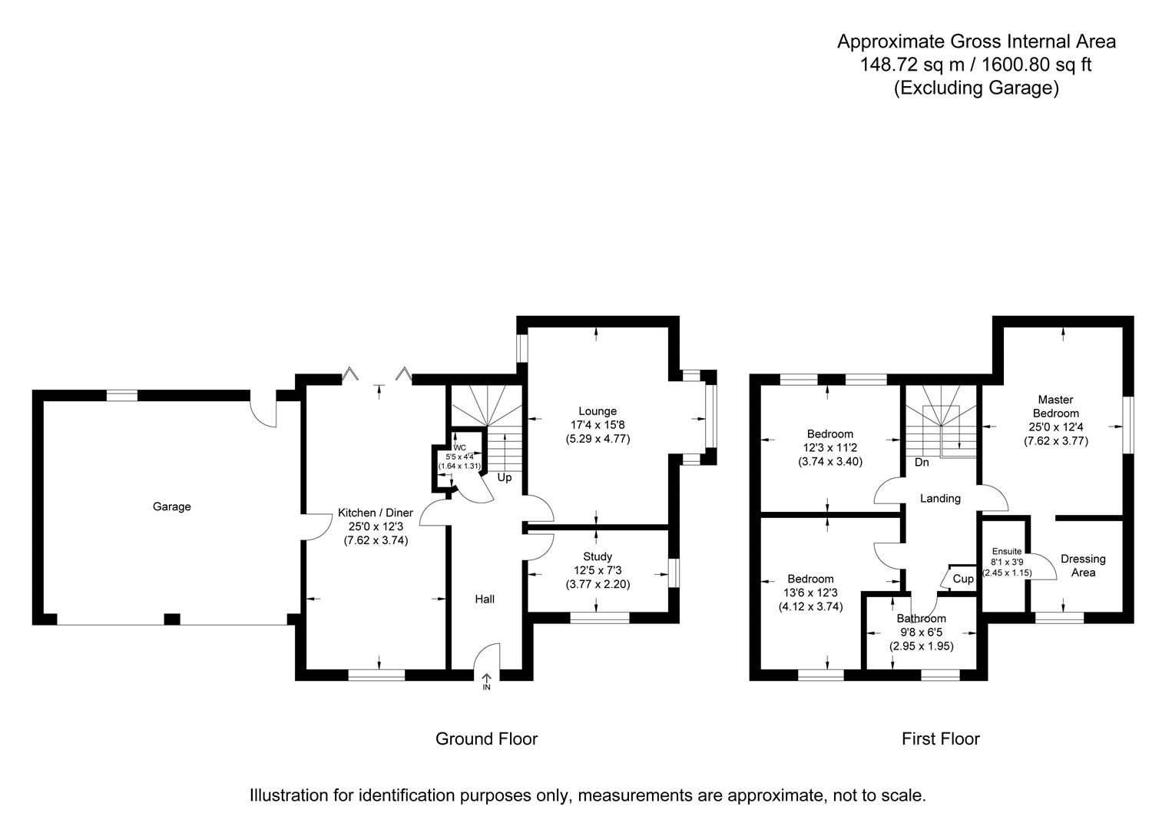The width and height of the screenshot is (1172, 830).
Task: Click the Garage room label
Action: point(171,506)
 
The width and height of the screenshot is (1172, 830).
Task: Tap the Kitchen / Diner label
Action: point(376,513)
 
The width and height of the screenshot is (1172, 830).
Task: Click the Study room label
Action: point(597,556)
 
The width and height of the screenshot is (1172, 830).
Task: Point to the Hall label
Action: point(484,599)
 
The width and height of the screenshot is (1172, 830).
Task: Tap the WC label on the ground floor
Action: point(459,447)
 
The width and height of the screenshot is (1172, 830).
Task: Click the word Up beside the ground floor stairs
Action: point(505,477)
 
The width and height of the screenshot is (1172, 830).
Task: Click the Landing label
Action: point(940,498)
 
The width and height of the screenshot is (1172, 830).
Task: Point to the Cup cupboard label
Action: point(962,579)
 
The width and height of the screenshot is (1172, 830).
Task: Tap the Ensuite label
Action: point(1006,551)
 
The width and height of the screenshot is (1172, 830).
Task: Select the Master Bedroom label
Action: point(1055,406)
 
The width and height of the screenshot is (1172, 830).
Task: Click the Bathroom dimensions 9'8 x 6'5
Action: point(921,632)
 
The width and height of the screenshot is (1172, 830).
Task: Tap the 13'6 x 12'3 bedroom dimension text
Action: point(810,593)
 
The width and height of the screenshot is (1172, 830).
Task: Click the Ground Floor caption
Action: point(486,739)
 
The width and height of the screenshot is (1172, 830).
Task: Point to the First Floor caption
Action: point(940,739)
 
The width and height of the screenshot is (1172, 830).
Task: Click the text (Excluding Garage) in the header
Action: point(975,88)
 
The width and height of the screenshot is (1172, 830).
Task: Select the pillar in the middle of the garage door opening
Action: point(172,619)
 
